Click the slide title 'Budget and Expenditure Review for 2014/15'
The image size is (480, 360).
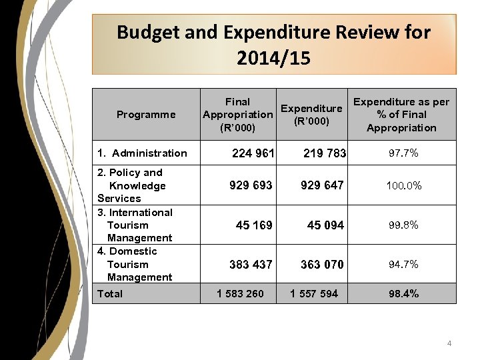tap(273, 45)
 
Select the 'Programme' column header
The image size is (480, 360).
tap(145, 115)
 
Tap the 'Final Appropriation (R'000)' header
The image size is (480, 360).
tap(237, 115)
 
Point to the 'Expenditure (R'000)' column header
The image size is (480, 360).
tap(311, 115)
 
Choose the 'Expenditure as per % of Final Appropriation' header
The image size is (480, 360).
tap(401, 115)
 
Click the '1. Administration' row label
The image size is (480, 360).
tap(142, 153)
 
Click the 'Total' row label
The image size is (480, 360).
tap(110, 293)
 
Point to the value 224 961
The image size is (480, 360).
tap(253, 153)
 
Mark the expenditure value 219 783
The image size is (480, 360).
tap(325, 153)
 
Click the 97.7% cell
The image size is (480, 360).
tap(403, 153)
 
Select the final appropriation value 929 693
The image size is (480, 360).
tap(251, 185)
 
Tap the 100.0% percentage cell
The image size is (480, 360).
tap(403, 185)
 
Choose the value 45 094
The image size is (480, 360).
tap(325, 225)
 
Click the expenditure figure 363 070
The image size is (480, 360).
tap(322, 265)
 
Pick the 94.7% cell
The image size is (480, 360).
tap(403, 265)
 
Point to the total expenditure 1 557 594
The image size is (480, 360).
tap(313, 293)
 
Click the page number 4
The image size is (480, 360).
tap(449, 343)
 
